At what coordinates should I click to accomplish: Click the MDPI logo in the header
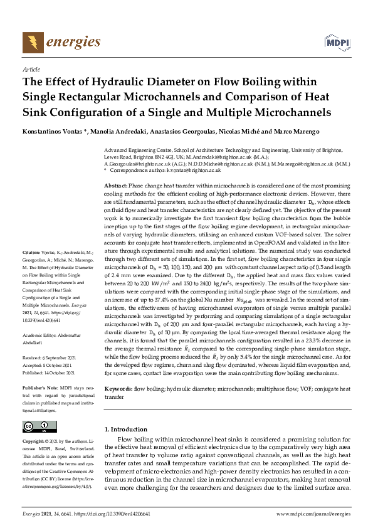point(336,42)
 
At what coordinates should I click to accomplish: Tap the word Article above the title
point(31,70)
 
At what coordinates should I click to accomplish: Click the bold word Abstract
point(115,187)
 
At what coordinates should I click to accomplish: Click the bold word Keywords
point(118,389)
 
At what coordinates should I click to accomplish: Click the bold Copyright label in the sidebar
point(35,441)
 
